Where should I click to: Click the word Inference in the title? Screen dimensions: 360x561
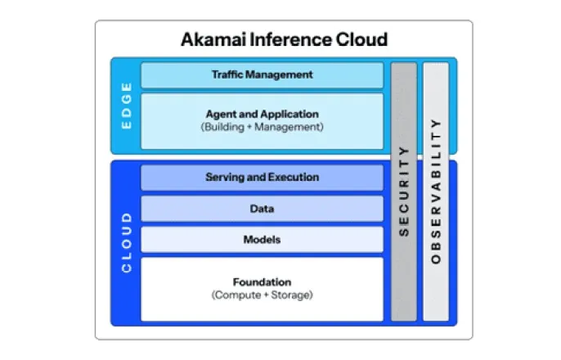(x=282, y=39)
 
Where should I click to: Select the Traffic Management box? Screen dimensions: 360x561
(x=262, y=74)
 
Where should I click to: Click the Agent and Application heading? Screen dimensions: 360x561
(x=262, y=115)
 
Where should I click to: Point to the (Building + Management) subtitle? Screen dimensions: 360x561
(x=262, y=128)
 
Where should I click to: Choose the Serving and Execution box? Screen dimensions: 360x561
(x=262, y=178)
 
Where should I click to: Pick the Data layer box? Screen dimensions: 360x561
(x=262, y=209)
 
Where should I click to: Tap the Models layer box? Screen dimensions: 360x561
(x=262, y=240)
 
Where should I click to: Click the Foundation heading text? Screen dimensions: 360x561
(x=262, y=282)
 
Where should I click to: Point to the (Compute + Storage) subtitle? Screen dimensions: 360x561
(x=262, y=295)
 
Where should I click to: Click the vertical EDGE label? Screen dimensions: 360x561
(x=126, y=106)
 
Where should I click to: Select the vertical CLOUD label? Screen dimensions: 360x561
(x=126, y=242)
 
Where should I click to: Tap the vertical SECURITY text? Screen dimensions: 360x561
(x=403, y=191)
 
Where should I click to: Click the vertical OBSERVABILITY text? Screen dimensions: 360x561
(x=435, y=191)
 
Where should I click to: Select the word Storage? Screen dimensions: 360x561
(x=293, y=295)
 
